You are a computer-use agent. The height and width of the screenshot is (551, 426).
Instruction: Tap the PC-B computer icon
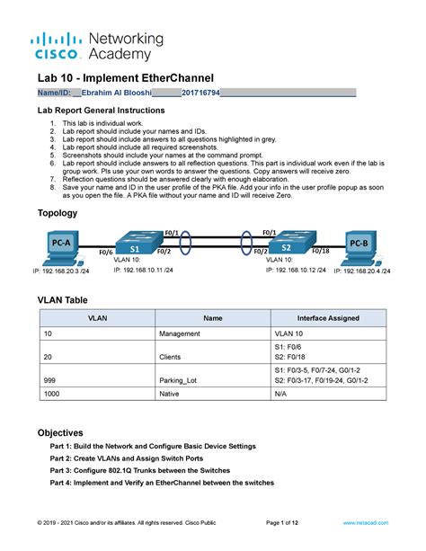pos(358,244)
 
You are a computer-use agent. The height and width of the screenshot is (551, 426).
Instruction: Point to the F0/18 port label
pos(321,252)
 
